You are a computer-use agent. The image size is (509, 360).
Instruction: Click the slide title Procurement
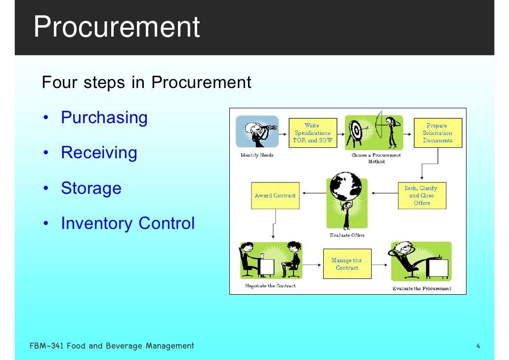(117, 27)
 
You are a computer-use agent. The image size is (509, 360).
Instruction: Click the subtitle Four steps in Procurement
(147, 82)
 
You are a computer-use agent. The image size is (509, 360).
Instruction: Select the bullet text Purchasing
(104, 118)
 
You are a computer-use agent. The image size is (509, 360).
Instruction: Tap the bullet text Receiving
(99, 153)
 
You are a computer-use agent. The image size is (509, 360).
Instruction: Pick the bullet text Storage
(91, 188)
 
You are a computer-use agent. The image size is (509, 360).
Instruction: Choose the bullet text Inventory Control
(127, 224)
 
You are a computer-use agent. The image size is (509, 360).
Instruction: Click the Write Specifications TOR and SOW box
(312, 133)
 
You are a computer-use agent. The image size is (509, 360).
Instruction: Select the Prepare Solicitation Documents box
(437, 133)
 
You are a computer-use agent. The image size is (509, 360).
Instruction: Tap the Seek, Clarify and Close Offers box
(422, 195)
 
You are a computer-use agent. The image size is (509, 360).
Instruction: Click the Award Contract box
(275, 195)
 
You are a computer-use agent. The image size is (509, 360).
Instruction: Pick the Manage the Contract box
(347, 264)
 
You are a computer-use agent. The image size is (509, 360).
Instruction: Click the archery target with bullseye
(356, 131)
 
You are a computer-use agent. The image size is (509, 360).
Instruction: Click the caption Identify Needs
(256, 155)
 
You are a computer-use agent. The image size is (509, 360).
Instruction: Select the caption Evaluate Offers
(347, 235)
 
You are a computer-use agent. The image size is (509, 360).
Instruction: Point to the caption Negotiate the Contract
(270, 286)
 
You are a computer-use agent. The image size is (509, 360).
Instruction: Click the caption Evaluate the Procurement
(422, 288)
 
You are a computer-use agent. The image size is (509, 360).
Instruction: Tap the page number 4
(478, 346)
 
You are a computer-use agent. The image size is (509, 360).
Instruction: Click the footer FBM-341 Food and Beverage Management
(112, 346)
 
